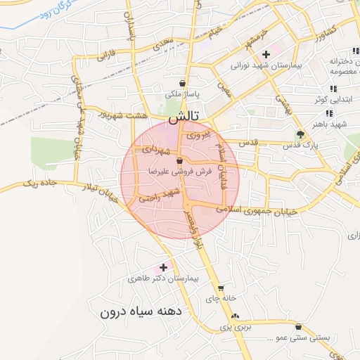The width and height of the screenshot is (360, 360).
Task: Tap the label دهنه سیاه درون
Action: pyautogui.click(x=141, y=311)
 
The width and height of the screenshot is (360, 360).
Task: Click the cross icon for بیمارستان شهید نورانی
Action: pyautogui.click(x=266, y=54)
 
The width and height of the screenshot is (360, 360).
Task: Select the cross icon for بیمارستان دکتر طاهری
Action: pyautogui.click(x=164, y=267)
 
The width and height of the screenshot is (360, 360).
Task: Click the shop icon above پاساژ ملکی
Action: pyautogui.click(x=183, y=82)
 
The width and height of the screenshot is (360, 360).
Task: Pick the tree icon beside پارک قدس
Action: pyautogui.click(x=302, y=134)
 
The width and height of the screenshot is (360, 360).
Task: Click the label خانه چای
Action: pyautogui.click(x=218, y=299)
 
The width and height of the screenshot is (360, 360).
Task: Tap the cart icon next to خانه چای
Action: pyautogui.click(x=221, y=288)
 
